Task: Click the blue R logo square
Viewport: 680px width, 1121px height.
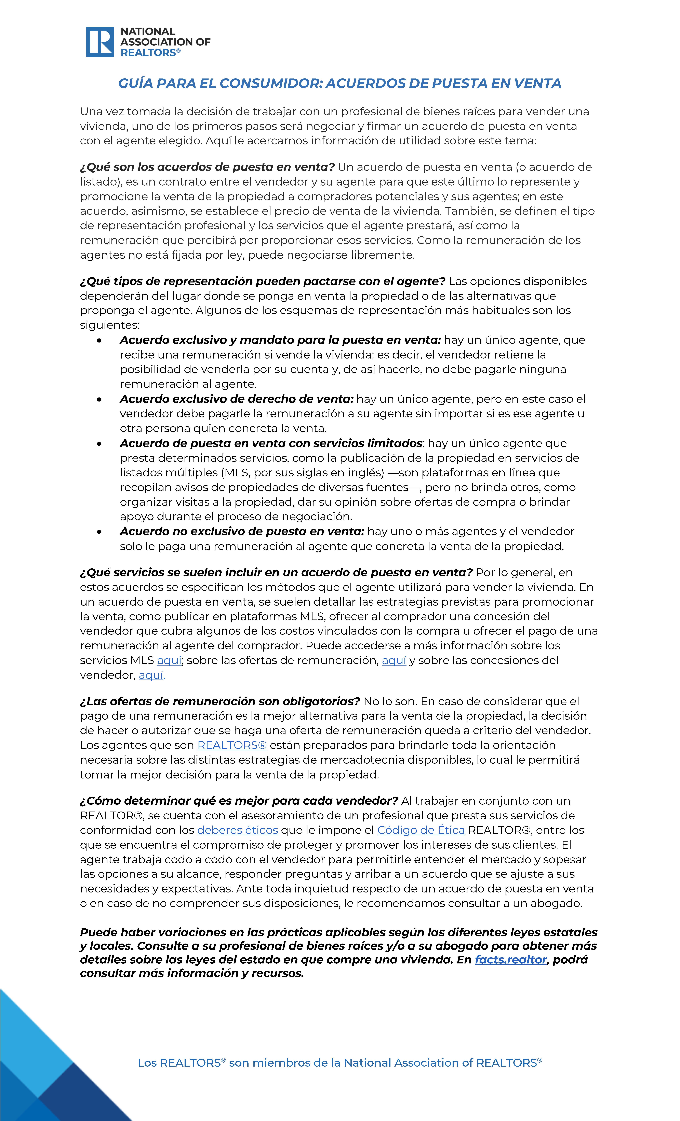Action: click(x=100, y=42)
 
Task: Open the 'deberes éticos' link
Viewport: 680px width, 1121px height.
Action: click(x=237, y=830)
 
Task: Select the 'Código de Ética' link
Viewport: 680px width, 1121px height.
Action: click(x=421, y=830)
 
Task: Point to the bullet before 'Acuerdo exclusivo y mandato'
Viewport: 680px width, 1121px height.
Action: click(x=99, y=341)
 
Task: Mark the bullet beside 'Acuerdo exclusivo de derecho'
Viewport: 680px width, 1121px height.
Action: click(x=99, y=399)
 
